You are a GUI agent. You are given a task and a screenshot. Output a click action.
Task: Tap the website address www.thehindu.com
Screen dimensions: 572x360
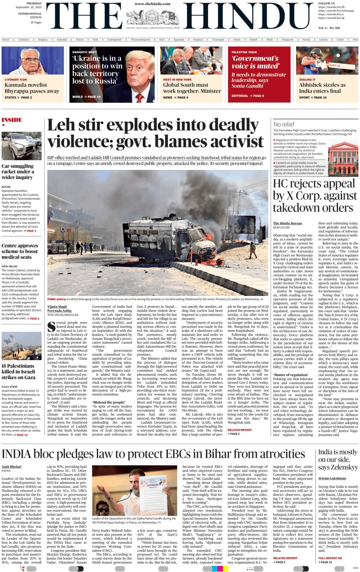pyautogui.click(x=152, y=4)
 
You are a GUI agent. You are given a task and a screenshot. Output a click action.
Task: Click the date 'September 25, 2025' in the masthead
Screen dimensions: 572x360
pyautogui.click(x=29, y=7)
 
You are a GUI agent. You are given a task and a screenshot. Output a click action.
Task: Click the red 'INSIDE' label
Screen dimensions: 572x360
pyautogui.click(x=12, y=120)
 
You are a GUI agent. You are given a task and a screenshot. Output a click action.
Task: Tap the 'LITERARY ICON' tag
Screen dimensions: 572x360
pyautogui.click(x=16, y=79)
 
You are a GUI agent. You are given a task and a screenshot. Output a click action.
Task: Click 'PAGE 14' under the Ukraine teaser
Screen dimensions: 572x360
pyautogui.click(x=94, y=97)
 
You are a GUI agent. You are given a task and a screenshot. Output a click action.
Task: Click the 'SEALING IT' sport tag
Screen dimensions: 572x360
pyautogui.click(x=307, y=79)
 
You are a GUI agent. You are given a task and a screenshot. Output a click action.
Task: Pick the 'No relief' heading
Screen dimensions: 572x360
pyautogui.click(x=284, y=124)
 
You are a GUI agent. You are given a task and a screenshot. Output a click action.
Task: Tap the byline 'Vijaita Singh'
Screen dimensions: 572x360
pyautogui.click(x=57, y=306)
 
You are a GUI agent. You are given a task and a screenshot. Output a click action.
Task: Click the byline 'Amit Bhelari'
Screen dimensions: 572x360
pyautogui.click(x=11, y=466)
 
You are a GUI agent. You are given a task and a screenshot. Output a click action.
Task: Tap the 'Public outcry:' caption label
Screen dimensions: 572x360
pyautogui.click(x=57, y=299)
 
